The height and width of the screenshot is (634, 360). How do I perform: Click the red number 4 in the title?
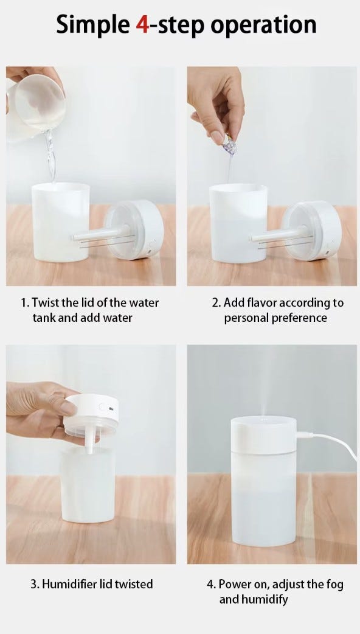point(143,25)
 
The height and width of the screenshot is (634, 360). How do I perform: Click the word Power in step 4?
point(233,584)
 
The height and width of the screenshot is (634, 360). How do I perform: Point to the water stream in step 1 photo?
point(50,156)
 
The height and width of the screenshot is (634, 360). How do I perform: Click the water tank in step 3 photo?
point(88,484)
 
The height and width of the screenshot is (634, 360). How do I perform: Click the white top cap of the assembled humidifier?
point(264,434)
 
